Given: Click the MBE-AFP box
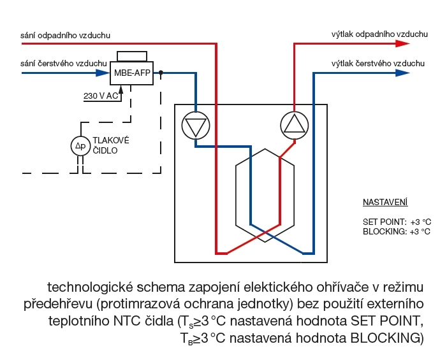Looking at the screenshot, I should pos(132,73).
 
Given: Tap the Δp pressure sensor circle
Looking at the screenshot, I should pos(80,146).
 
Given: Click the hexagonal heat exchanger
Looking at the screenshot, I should pos(264,196).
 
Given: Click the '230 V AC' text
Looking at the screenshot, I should pos(101,96).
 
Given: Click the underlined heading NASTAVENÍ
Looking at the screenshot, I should pos(385,203).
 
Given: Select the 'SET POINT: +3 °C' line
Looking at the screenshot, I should pos(396,222).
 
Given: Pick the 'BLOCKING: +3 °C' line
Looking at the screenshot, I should pos(396,231).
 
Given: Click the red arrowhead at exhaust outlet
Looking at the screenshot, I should pos(402,44).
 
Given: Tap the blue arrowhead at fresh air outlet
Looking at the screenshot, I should pos(402,73).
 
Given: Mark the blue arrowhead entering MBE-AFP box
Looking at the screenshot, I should pos(103,73).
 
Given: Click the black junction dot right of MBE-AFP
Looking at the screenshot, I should pos(161,73).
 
